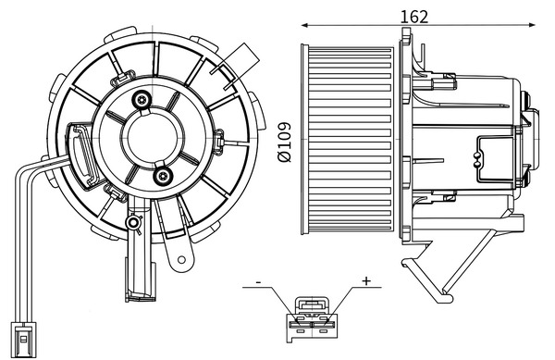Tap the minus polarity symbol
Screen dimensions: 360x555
click(260, 280)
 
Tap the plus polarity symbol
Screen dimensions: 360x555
click(365, 280)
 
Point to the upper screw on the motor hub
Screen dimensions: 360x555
click(141, 100)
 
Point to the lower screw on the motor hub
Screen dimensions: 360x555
click(163, 176)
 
